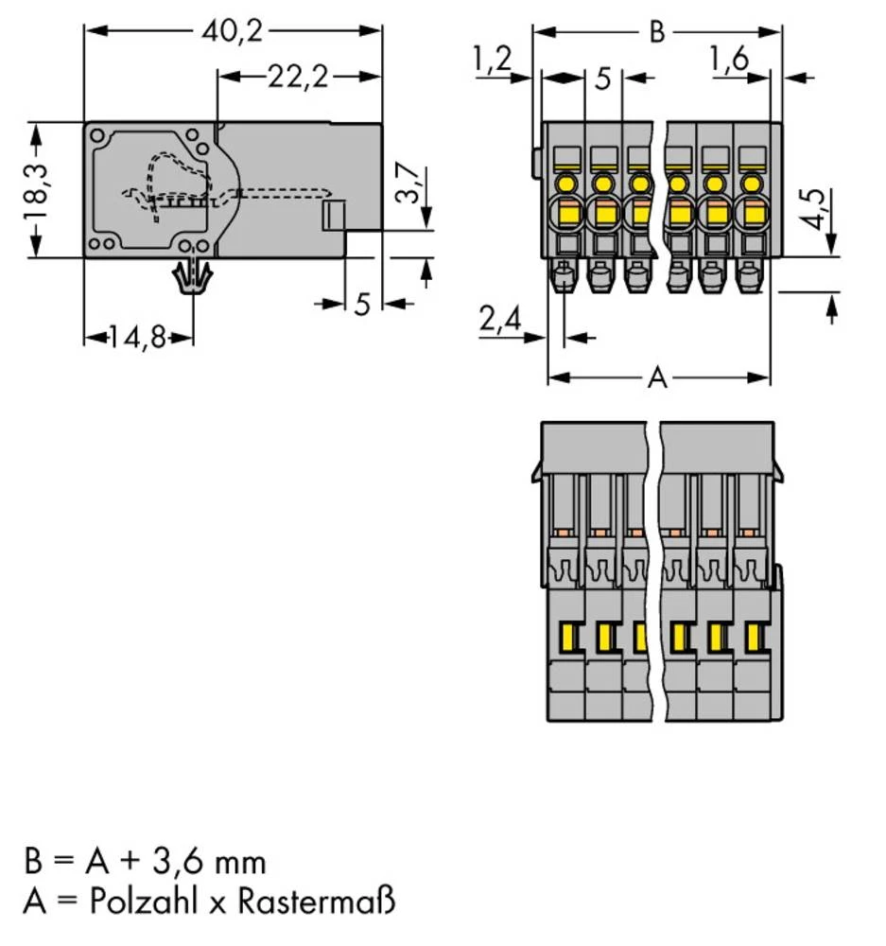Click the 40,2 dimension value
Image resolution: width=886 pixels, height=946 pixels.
pyautogui.click(x=232, y=31)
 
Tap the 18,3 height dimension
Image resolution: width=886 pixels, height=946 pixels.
pyautogui.click(x=37, y=189)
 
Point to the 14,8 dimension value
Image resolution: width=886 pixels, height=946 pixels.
pyautogui.click(x=139, y=337)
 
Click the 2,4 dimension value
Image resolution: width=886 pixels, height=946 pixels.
pyautogui.click(x=500, y=321)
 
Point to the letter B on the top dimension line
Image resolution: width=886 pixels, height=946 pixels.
pyautogui.click(x=656, y=32)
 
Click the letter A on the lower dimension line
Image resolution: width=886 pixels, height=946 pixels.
pyautogui.click(x=657, y=379)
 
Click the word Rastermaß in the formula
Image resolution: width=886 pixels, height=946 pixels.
pyautogui.click(x=316, y=902)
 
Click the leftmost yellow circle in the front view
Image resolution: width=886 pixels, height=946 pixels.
pyautogui.click(x=567, y=182)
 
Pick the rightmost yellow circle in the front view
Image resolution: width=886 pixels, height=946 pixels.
pyautogui.click(x=751, y=182)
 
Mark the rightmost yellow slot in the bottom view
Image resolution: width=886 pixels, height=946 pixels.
pyautogui.click(x=753, y=639)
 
